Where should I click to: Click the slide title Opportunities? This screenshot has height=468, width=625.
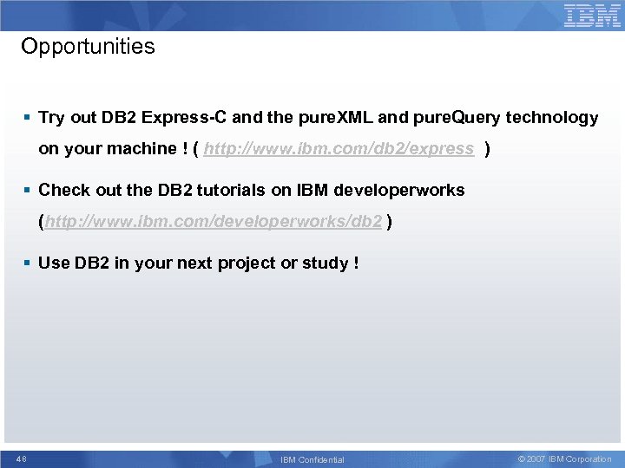point(88,47)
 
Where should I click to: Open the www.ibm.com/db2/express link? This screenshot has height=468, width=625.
point(339,149)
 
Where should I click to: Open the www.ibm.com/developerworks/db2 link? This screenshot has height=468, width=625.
point(214,222)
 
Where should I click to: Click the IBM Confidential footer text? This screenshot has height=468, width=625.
point(312,459)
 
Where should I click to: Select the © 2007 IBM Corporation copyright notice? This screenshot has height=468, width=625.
point(564,459)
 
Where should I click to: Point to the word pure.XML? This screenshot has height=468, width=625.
point(330,118)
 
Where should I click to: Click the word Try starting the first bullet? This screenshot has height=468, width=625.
point(51,118)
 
